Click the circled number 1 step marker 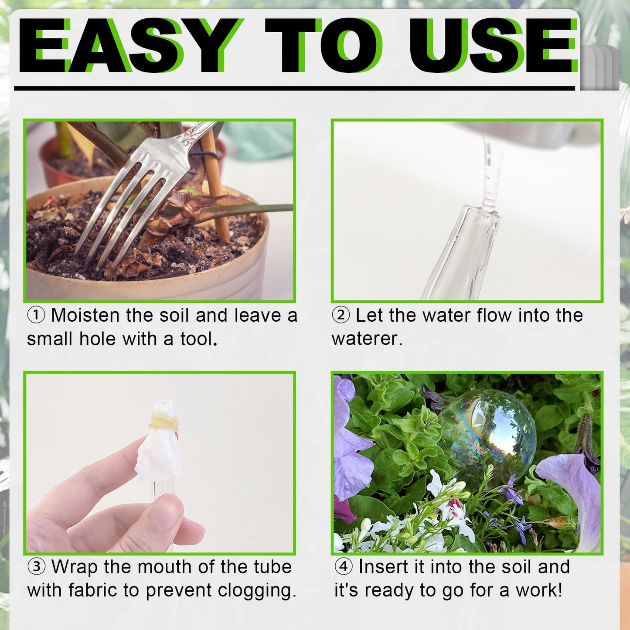(36, 316)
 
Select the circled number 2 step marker (341, 316)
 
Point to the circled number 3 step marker (37, 567)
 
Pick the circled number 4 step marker (344, 567)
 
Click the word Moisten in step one (85, 316)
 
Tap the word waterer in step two (367, 339)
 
